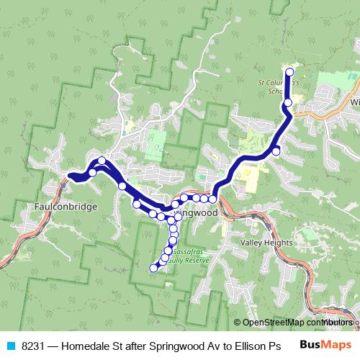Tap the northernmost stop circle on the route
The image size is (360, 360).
pyautogui.click(x=290, y=71)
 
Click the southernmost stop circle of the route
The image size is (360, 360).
pyautogui.click(x=153, y=269)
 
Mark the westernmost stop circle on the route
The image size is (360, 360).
pyautogui.click(x=93, y=172)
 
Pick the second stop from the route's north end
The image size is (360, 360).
pyautogui.click(x=288, y=103)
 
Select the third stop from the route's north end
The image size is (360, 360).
pyautogui.click(x=276, y=150)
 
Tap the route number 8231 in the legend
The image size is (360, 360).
pyautogui.click(x=32, y=345)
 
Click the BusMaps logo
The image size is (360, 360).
pyautogui.click(x=326, y=345)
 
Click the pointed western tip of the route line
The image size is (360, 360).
pyautogui.click(x=69, y=176)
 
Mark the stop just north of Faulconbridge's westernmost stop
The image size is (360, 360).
pyautogui.click(x=102, y=161)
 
